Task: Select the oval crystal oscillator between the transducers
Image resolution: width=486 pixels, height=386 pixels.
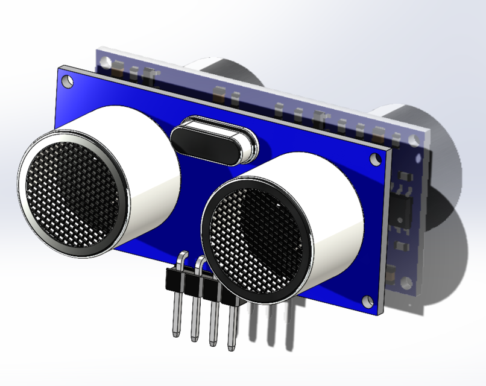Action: point(213,141)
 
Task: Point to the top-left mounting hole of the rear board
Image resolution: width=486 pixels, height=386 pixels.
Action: point(106,62)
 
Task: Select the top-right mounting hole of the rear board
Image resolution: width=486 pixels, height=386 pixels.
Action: point(415,141)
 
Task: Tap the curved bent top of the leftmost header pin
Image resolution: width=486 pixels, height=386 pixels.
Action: point(182,258)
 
